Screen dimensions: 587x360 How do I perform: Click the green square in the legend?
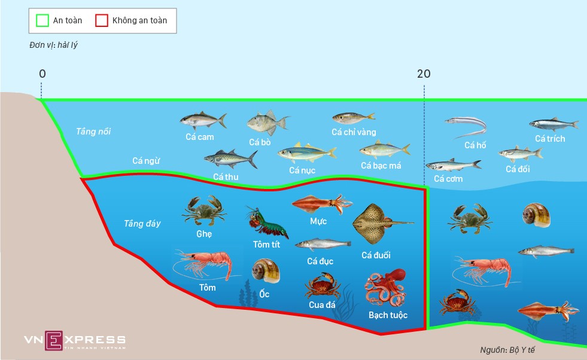pos(42,20)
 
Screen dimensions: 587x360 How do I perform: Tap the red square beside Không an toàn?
pos(102,20)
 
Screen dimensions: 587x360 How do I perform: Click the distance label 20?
pos(424,74)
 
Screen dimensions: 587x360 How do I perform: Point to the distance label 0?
pos(42,74)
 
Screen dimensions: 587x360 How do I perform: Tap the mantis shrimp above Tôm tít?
pos(266,222)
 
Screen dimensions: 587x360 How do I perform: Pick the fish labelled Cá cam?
pos(203,121)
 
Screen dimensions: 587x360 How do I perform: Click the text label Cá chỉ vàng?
pos(354,132)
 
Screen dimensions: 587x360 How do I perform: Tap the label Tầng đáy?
pos(142,224)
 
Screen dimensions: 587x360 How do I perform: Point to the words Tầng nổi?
pos(93,132)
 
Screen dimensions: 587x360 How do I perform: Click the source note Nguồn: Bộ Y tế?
pos(507,350)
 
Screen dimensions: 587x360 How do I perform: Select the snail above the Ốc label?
pos(266,270)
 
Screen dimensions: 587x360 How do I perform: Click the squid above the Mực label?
pos(322,203)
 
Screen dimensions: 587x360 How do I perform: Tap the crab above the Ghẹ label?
pos(204,210)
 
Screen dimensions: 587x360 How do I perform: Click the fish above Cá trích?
pos(553,124)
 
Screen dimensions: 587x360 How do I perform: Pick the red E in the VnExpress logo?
pos(54,340)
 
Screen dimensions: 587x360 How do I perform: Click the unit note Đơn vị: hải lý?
pos(53,45)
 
